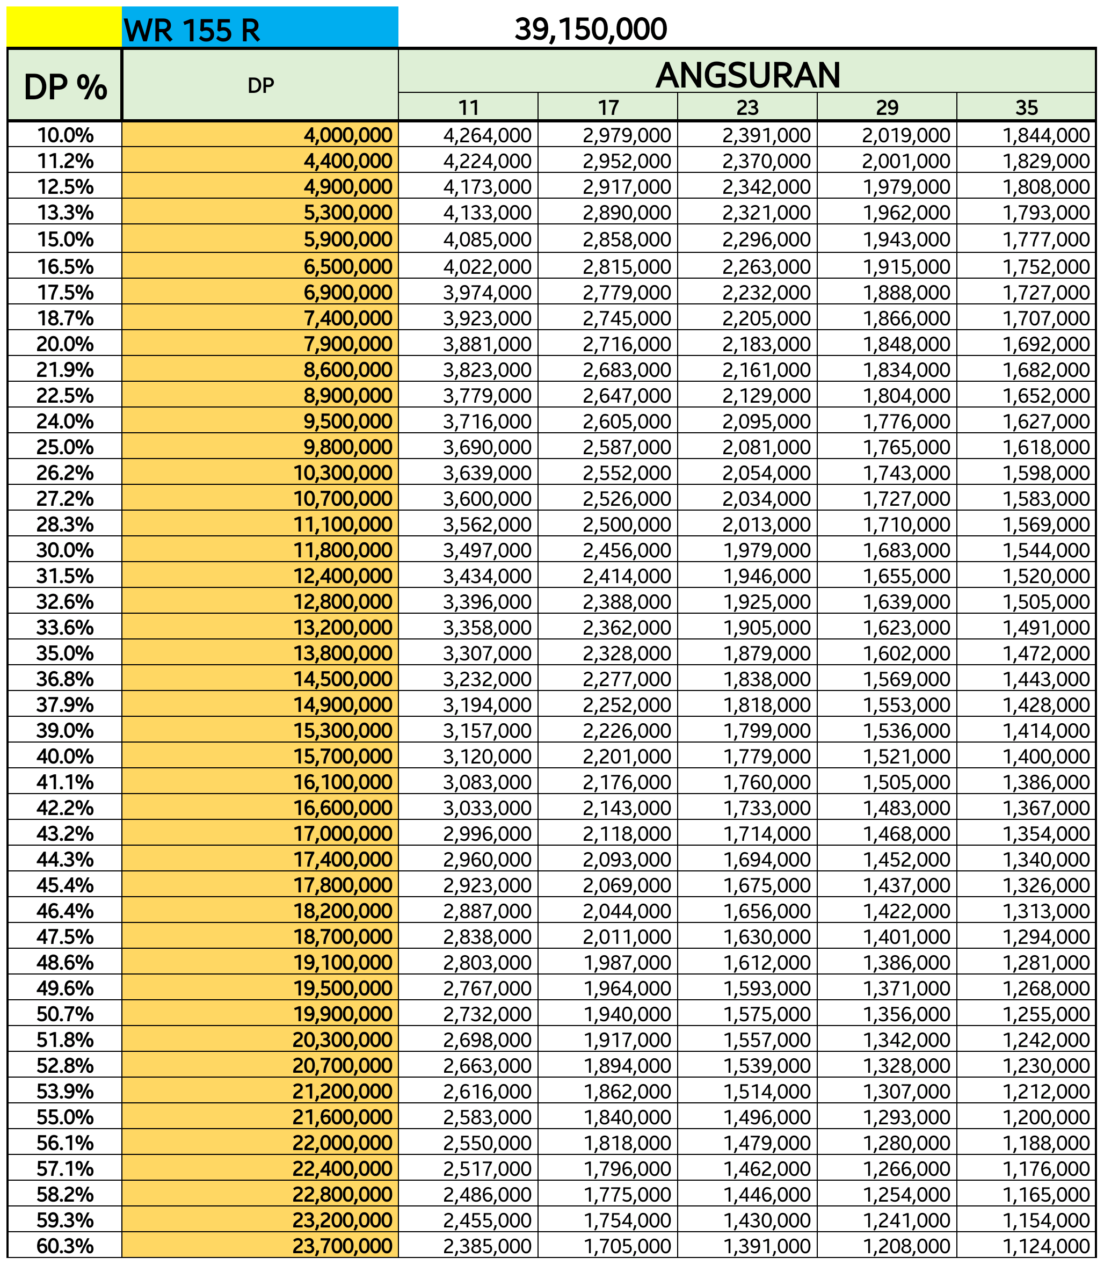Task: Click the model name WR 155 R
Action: [x=192, y=30]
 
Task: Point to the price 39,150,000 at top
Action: [x=590, y=29]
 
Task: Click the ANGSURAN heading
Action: [x=747, y=75]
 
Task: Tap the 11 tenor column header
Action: [x=468, y=108]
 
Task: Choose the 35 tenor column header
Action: [x=1026, y=108]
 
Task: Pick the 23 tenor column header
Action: [x=747, y=108]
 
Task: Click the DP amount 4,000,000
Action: [x=348, y=135]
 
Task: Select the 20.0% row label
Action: [x=64, y=344]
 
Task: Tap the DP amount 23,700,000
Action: [x=342, y=1246]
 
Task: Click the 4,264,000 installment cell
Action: [x=486, y=135]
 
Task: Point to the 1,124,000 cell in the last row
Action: [x=1046, y=1246]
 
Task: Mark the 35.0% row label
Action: [x=64, y=653]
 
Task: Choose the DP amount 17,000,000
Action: [x=342, y=833]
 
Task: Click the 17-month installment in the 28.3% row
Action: [x=627, y=524]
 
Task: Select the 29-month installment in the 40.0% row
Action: [x=906, y=757]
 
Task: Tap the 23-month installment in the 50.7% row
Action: [x=766, y=1014]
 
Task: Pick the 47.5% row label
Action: [x=64, y=937]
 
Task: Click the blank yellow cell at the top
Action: [x=64, y=27]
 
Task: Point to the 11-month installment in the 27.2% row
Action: [x=486, y=498]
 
